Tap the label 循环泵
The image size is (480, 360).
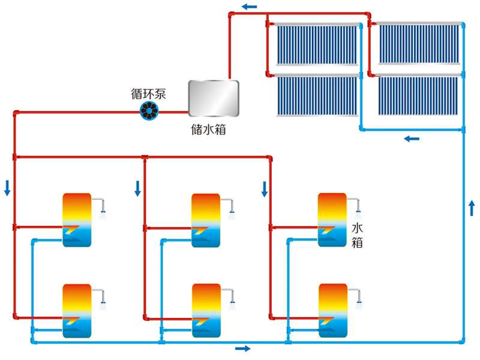[x=148, y=94]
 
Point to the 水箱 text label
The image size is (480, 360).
[x=357, y=235]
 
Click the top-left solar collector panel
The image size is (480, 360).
[x=316, y=44]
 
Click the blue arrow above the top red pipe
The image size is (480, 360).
[x=250, y=7]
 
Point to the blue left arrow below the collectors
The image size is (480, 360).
[x=412, y=139]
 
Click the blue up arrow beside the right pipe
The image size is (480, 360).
[x=472, y=208]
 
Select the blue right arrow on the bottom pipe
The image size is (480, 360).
[x=242, y=348]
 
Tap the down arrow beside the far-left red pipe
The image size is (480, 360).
[x=7, y=188]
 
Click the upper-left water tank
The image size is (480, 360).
[x=77, y=220]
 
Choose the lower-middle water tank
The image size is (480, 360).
[x=206, y=310]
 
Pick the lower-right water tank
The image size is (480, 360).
[x=333, y=310]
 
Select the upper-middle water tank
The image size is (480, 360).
[x=206, y=220]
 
